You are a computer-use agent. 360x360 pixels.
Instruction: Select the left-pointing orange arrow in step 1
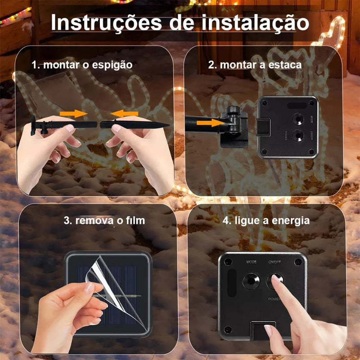pos(125,112)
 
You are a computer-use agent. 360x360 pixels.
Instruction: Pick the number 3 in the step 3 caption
pos(66,221)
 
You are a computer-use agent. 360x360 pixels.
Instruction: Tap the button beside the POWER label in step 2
pos(297,135)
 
